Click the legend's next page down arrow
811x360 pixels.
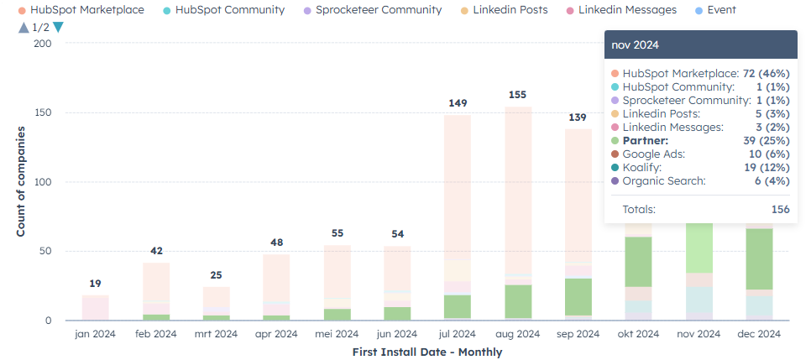tap(58, 27)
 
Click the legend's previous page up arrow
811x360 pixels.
tap(22, 27)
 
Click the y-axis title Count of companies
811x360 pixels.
tap(20, 180)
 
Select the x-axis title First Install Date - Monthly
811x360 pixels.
tap(427, 352)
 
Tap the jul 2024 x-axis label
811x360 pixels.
tap(458, 333)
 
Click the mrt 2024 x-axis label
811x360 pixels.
tap(217, 333)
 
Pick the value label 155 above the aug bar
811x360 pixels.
tap(518, 95)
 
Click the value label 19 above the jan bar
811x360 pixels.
tap(95, 283)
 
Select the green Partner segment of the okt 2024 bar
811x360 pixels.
tap(639, 261)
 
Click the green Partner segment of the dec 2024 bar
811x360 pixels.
tap(759, 258)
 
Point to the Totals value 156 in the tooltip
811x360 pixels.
tap(780, 209)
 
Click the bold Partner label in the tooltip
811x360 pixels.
tap(646, 141)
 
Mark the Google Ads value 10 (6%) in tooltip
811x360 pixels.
tap(766, 154)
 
